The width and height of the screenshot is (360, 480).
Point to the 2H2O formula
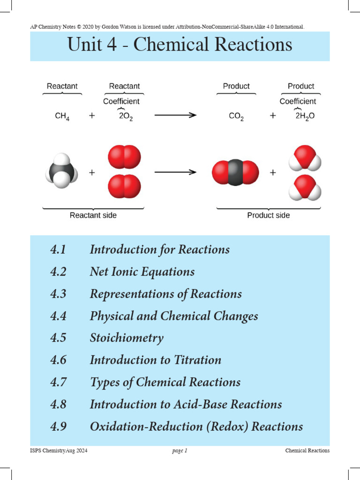coord(305,116)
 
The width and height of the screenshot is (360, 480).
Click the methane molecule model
coord(61,172)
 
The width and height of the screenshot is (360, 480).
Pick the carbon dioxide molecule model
coord(235,172)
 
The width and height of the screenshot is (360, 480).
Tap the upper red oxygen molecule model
coord(124,157)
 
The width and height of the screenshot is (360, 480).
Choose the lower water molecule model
coord(305,187)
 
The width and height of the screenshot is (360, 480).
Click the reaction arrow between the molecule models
coord(175,172)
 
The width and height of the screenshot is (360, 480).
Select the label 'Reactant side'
coord(93,216)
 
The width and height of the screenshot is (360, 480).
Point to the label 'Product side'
coord(269,216)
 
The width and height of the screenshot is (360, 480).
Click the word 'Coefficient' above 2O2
coord(121,101)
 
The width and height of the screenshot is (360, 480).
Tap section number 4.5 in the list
coord(58,338)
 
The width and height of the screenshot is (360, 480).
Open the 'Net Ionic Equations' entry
coord(142,271)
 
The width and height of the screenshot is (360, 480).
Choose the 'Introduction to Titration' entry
coord(156,360)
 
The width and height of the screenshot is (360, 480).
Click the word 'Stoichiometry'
coord(127,338)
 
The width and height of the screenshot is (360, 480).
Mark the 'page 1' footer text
coord(180,451)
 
